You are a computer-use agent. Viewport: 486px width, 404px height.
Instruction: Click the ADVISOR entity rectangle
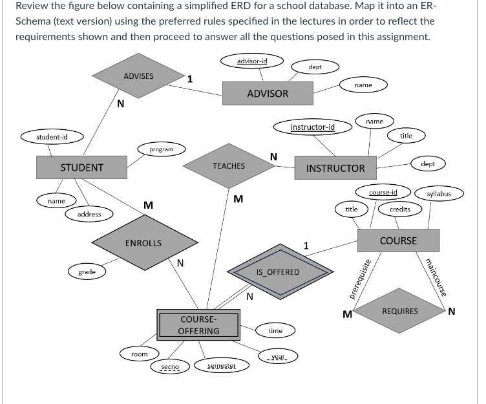(268, 94)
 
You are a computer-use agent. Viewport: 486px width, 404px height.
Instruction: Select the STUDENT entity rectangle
(81, 167)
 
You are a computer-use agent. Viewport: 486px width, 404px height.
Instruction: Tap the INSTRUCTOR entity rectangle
(335, 168)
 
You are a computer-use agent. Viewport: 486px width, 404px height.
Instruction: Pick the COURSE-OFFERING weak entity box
(198, 325)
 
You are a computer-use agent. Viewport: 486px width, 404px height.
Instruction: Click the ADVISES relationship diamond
(138, 76)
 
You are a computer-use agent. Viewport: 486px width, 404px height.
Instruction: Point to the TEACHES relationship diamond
(229, 166)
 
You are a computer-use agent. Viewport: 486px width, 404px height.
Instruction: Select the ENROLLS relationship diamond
(143, 243)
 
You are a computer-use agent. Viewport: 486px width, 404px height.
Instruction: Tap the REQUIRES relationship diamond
(400, 311)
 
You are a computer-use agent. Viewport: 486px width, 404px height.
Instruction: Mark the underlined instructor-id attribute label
(313, 127)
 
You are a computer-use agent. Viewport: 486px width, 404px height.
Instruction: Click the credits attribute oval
(400, 209)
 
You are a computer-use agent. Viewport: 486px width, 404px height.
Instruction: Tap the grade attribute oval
(87, 272)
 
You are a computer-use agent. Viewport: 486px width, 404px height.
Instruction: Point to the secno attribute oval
(170, 367)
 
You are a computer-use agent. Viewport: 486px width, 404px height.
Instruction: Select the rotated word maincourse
(432, 277)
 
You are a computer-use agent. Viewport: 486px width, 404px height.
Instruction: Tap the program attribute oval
(161, 149)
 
